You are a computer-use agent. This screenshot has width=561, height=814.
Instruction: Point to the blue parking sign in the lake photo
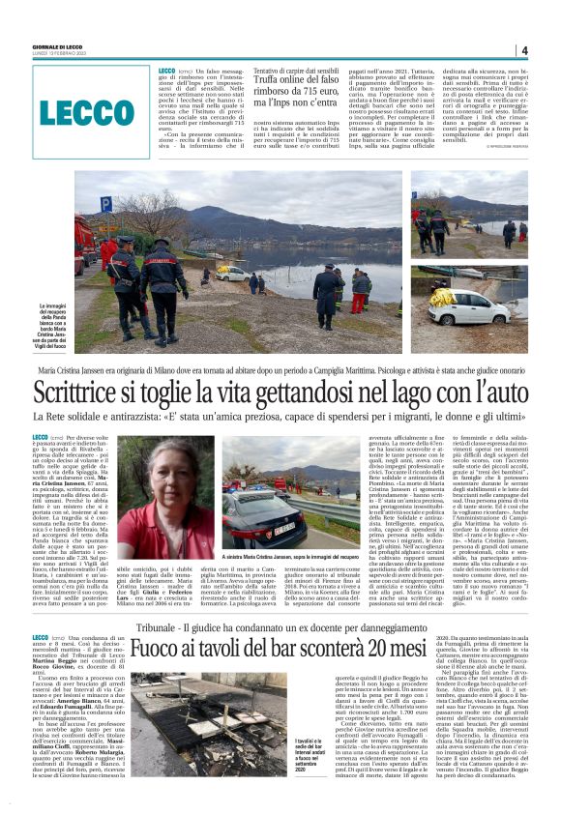(x=105, y=204)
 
